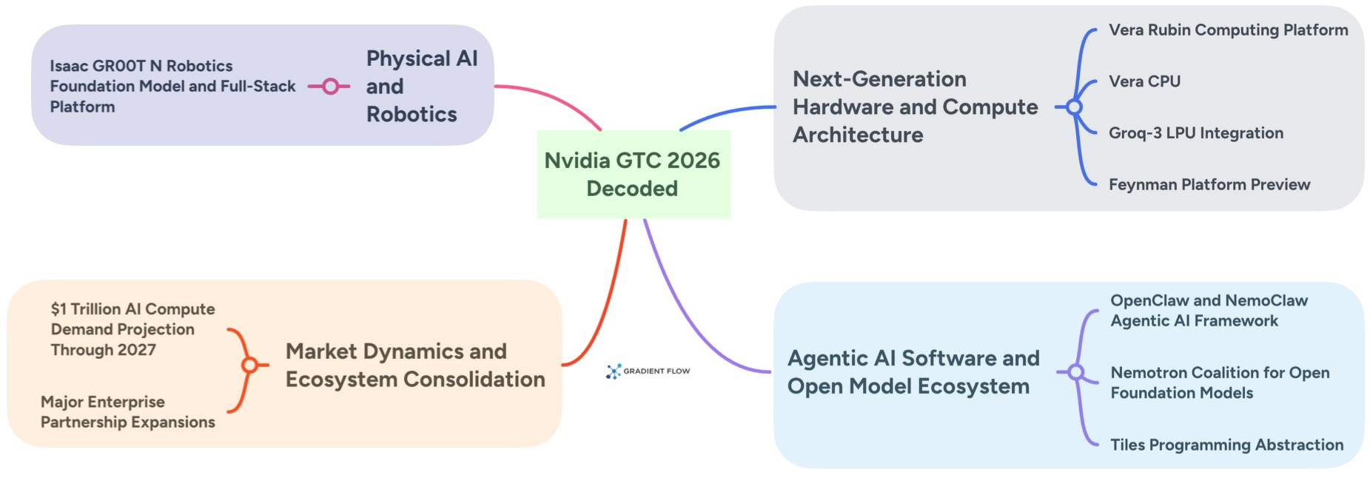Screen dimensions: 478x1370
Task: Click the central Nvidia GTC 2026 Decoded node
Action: pos(633,175)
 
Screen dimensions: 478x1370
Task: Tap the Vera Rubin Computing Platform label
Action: pos(1228,30)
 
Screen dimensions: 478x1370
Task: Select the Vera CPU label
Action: pos(1144,81)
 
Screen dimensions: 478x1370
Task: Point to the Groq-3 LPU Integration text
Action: pos(1195,133)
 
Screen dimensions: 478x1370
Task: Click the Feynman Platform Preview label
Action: pos(1209,184)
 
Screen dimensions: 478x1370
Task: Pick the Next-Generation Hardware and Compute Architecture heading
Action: pos(915,107)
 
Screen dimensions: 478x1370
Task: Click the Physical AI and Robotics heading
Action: pos(421,87)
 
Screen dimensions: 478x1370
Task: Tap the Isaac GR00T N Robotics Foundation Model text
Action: pos(172,86)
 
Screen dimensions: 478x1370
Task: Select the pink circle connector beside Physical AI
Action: pos(330,87)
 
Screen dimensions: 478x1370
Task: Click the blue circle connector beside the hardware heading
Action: pos(1074,107)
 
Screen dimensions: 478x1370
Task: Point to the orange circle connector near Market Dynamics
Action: pos(249,365)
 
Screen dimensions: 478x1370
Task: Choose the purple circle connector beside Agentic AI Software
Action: pos(1076,372)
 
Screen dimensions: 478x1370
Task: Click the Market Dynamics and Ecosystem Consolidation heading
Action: pos(414,365)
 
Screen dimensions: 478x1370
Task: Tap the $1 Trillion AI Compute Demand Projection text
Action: pos(132,329)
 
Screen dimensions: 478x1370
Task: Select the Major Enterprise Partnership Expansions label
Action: pos(127,412)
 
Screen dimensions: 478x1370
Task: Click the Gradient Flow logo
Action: pos(648,371)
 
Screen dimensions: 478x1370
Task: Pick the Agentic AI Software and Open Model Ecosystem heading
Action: pos(913,372)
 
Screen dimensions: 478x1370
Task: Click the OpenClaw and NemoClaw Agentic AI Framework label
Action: pos(1208,311)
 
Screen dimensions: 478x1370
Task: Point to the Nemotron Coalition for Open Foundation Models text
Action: pos(1219,383)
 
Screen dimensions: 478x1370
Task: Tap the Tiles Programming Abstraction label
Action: pos(1226,445)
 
